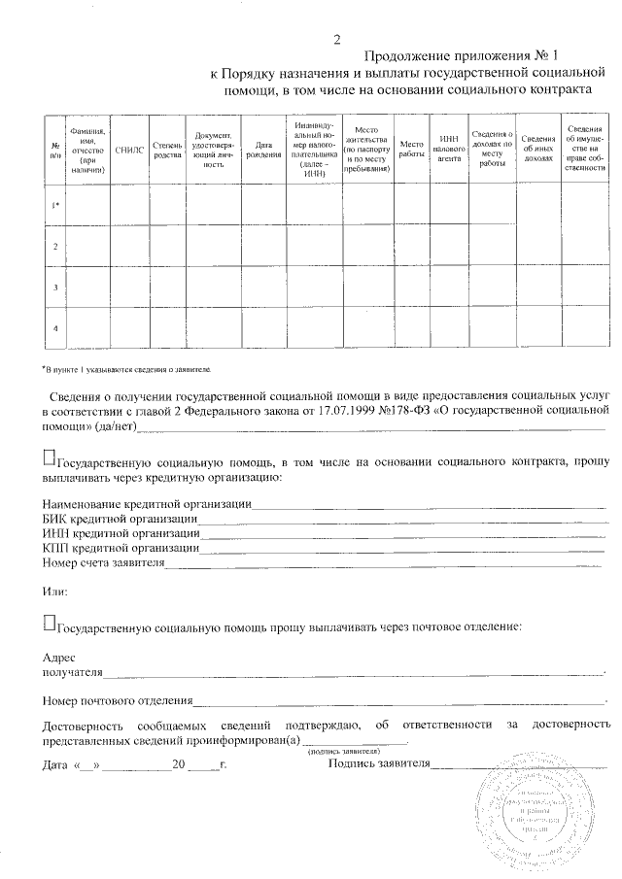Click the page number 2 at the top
[x=337, y=41]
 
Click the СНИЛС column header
[x=128, y=151]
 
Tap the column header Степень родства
[x=167, y=151]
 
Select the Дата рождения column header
[x=262, y=151]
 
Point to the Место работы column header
[x=412, y=151]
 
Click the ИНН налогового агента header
[x=448, y=151]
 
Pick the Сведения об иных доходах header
[x=537, y=151]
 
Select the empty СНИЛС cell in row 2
[x=128, y=247]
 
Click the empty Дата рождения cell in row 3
[x=262, y=287]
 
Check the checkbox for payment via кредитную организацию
[x=50, y=458]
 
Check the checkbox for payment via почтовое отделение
[x=50, y=621]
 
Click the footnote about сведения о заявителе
[x=125, y=370]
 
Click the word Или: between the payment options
[x=55, y=592]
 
